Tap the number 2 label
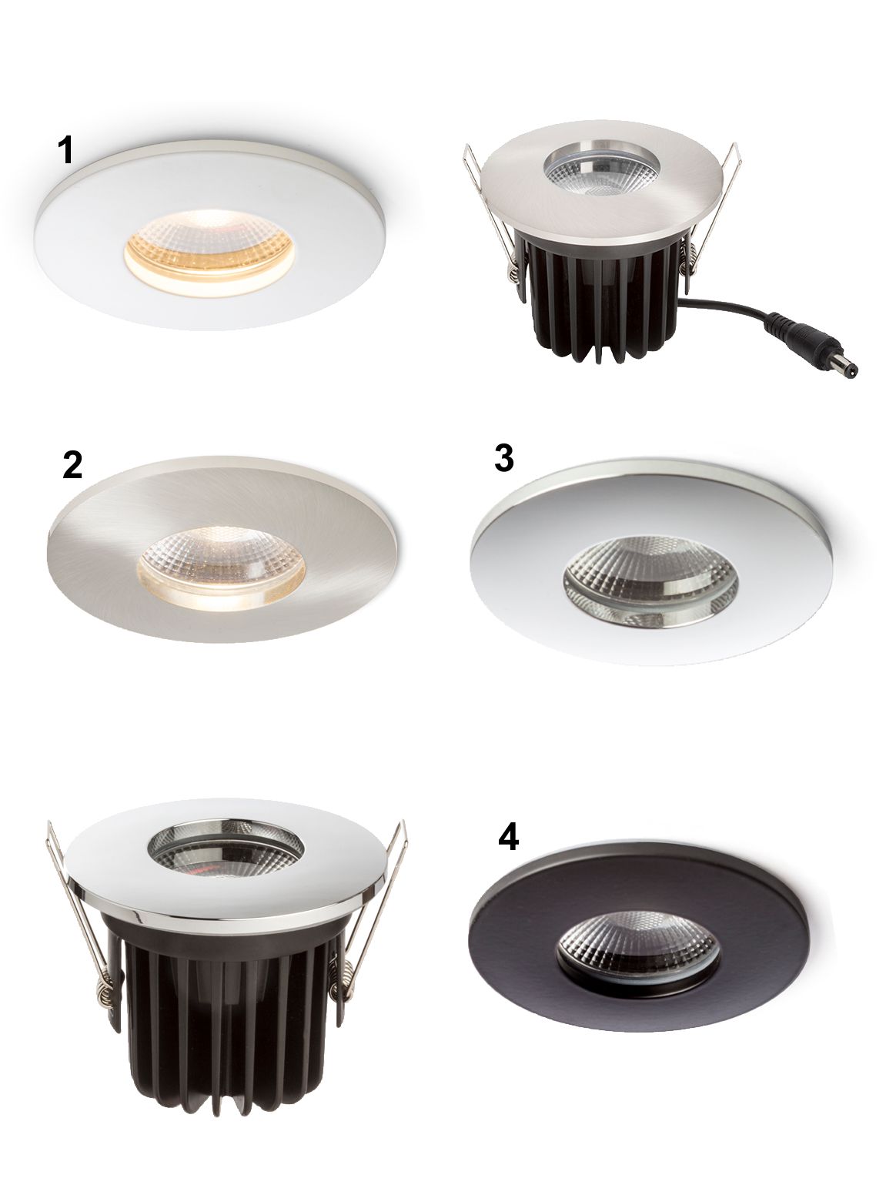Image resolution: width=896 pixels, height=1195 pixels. coord(72,465)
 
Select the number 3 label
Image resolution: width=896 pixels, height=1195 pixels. coord(503,458)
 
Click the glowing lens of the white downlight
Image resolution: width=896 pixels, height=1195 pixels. coord(210,253)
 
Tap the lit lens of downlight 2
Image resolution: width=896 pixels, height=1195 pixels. coord(222,567)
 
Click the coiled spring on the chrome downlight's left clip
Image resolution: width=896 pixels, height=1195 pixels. coord(106,985)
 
